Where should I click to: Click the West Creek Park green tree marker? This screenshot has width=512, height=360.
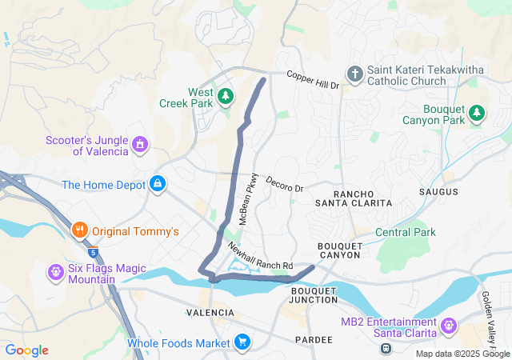(x=226, y=96)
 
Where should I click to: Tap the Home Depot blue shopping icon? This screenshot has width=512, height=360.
(x=158, y=185)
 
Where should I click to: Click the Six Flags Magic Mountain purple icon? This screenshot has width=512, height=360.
(x=56, y=272)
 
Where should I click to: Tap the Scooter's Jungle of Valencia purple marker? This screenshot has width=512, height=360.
(x=140, y=145)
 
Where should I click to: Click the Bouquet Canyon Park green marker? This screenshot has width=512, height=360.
(x=477, y=114)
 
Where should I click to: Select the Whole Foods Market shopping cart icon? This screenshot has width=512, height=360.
(x=242, y=343)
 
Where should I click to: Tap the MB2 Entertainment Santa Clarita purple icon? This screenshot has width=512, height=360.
(x=448, y=326)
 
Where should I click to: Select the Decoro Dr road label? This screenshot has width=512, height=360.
(x=285, y=183)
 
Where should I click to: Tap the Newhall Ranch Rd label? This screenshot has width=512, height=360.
(x=260, y=256)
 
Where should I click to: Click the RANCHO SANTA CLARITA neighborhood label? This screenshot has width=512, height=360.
(x=362, y=198)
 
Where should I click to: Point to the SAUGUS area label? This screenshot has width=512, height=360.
(x=438, y=192)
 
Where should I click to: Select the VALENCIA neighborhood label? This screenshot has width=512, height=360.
(x=210, y=312)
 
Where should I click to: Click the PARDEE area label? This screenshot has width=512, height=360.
(x=313, y=340)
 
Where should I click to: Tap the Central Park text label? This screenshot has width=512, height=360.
(x=405, y=232)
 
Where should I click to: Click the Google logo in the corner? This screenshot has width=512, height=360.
(x=26, y=350)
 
